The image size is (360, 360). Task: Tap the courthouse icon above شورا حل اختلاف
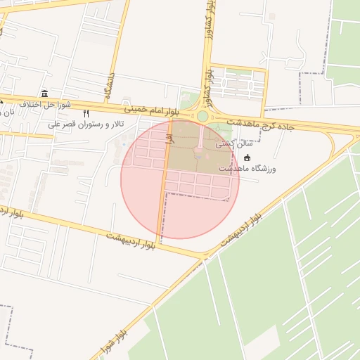[45, 94]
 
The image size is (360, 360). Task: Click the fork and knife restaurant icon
[86, 112]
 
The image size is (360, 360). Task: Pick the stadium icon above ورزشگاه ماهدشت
[246, 157]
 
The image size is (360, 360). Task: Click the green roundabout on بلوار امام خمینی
[202, 116]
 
